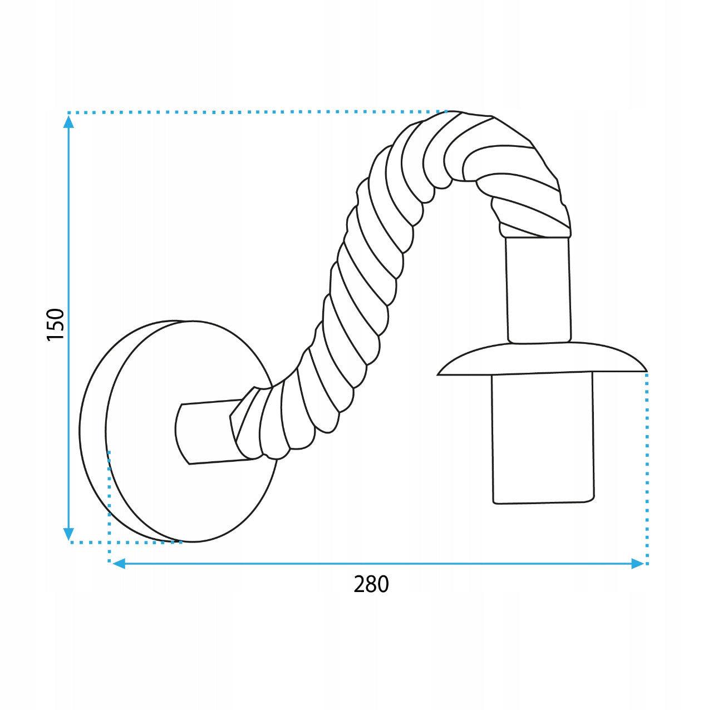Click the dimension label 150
click(56, 324)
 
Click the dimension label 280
click(371, 584)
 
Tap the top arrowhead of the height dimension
click(68, 122)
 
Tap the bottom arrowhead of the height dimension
click(68, 534)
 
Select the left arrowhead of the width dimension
click(119, 564)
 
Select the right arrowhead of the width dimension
click(637, 564)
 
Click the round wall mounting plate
click(178, 431)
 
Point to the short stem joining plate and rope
click(209, 433)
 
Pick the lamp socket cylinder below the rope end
click(538, 290)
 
